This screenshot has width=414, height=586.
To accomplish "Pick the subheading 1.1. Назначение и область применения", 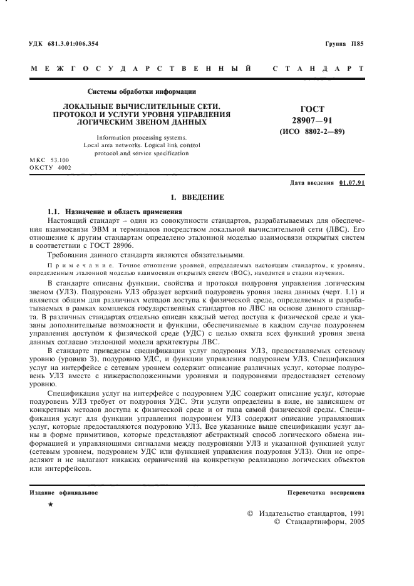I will [x=115, y=212].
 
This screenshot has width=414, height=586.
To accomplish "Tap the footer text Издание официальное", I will [x=65, y=493].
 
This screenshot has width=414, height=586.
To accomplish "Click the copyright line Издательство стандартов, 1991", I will [x=306, y=513].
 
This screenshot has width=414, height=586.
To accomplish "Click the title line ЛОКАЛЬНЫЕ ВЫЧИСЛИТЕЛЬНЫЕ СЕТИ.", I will [x=141, y=108].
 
